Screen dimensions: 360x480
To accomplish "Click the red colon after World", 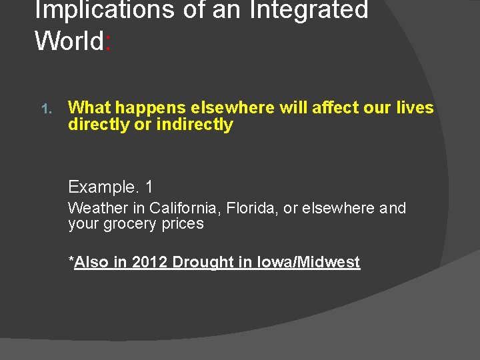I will [x=108, y=42].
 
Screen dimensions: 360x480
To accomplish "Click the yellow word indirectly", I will [x=195, y=125].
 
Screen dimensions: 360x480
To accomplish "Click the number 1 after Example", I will [x=148, y=187].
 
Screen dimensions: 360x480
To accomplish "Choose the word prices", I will [x=181, y=224].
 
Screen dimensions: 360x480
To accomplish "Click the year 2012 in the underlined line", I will [x=150, y=262].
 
